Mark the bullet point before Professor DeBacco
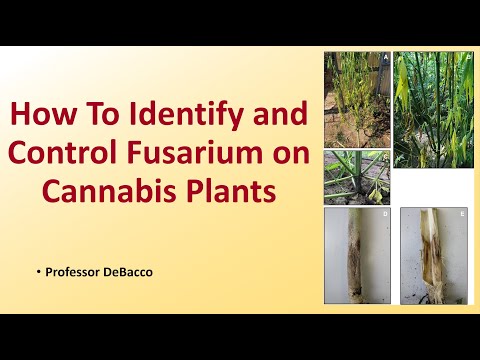[x=37, y=269]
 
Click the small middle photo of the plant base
[x=357, y=176]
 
